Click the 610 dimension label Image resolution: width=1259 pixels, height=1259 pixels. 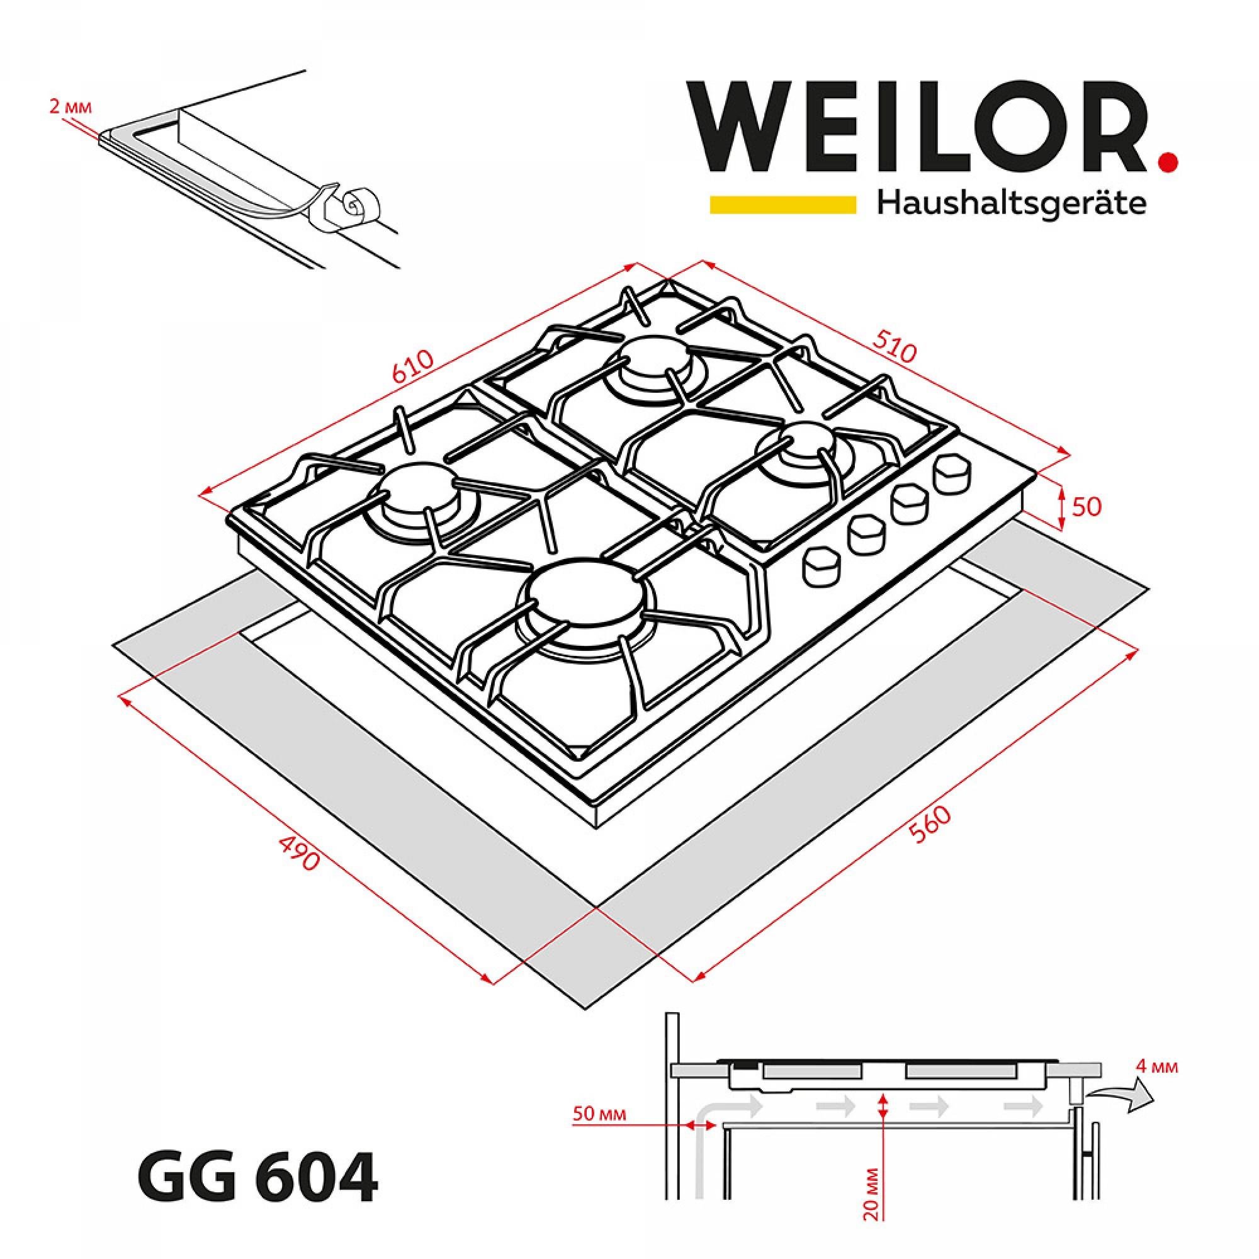(x=412, y=370)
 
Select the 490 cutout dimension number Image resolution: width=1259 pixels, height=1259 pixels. (x=299, y=854)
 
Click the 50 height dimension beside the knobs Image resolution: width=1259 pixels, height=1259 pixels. (x=1087, y=507)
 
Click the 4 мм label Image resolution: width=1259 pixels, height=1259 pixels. (x=1156, y=1068)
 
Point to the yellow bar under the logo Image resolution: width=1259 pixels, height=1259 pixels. (x=782, y=205)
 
